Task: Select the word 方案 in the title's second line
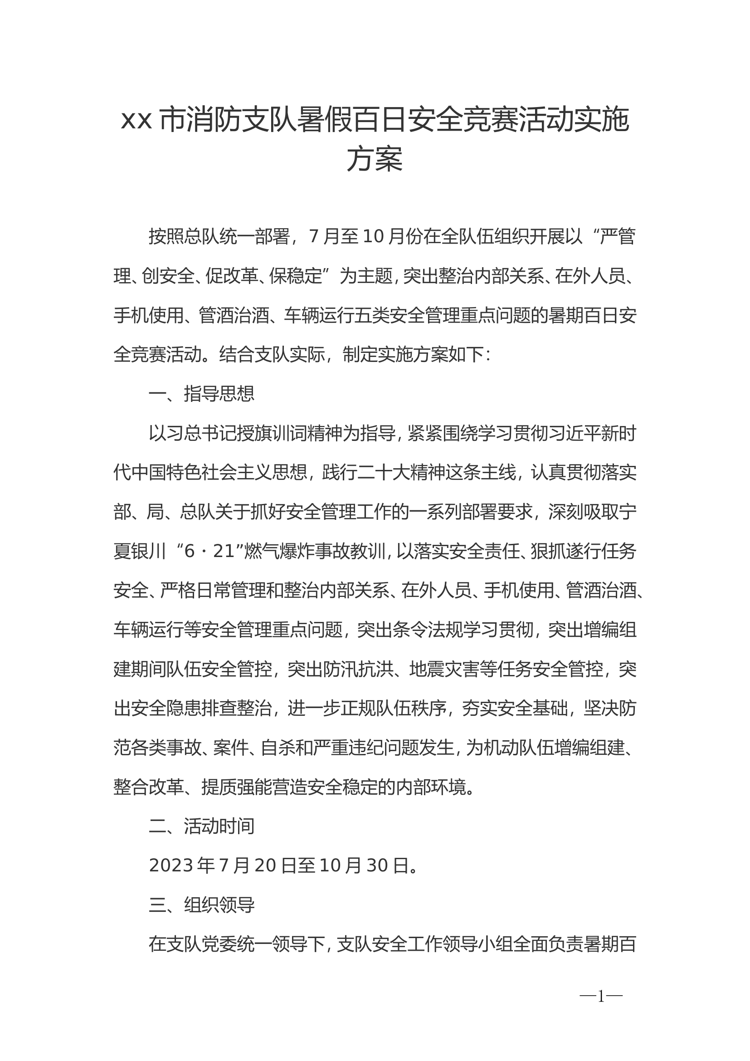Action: (x=375, y=159)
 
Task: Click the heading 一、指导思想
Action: (x=201, y=394)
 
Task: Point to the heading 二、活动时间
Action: (x=201, y=826)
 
